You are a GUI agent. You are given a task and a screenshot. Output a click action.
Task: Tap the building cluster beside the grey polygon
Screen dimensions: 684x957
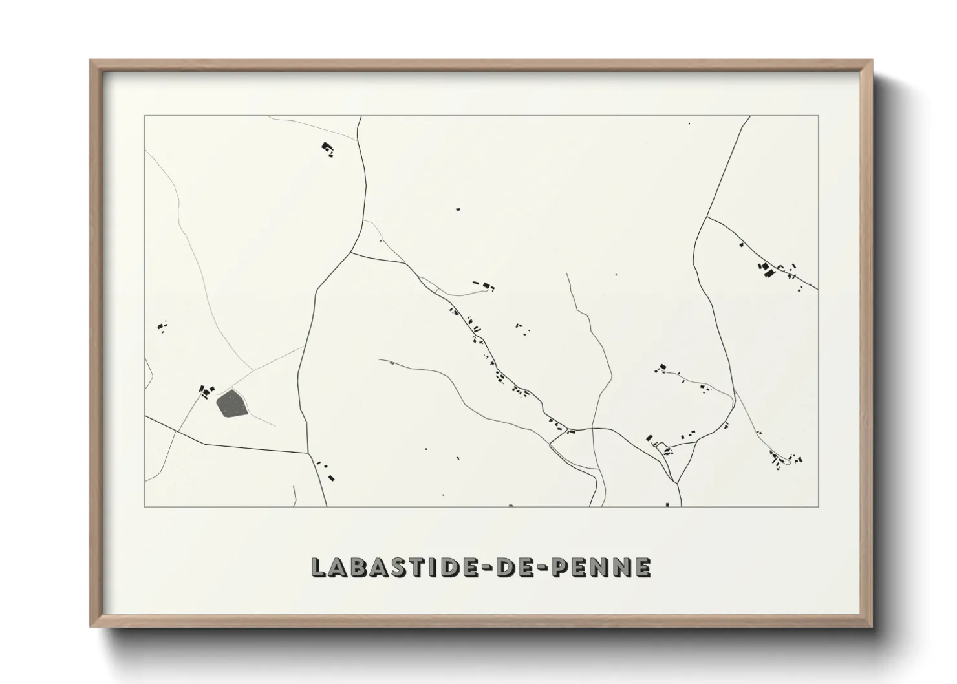(x=206, y=391)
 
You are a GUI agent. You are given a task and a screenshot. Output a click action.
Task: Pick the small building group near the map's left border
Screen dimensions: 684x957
(x=162, y=326)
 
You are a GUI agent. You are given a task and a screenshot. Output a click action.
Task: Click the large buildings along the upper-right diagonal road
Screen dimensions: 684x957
(x=768, y=270)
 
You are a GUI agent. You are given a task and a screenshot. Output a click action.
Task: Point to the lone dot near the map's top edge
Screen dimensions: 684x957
(x=689, y=123)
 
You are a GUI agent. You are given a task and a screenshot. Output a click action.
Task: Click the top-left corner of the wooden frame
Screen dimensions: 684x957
(x=91, y=61)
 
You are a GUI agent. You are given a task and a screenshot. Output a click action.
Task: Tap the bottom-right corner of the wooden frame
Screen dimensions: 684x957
(x=872, y=626)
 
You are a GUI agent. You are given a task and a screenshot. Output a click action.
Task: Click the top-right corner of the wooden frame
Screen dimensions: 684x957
(x=872, y=61)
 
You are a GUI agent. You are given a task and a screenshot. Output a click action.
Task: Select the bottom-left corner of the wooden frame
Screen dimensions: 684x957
(x=91, y=626)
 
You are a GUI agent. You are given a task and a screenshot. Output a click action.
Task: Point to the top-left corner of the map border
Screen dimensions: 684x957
(x=144, y=116)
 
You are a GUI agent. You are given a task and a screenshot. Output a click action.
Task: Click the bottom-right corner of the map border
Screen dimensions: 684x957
(x=818, y=506)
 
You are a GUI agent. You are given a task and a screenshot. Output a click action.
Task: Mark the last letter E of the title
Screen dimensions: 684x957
(x=642, y=566)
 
